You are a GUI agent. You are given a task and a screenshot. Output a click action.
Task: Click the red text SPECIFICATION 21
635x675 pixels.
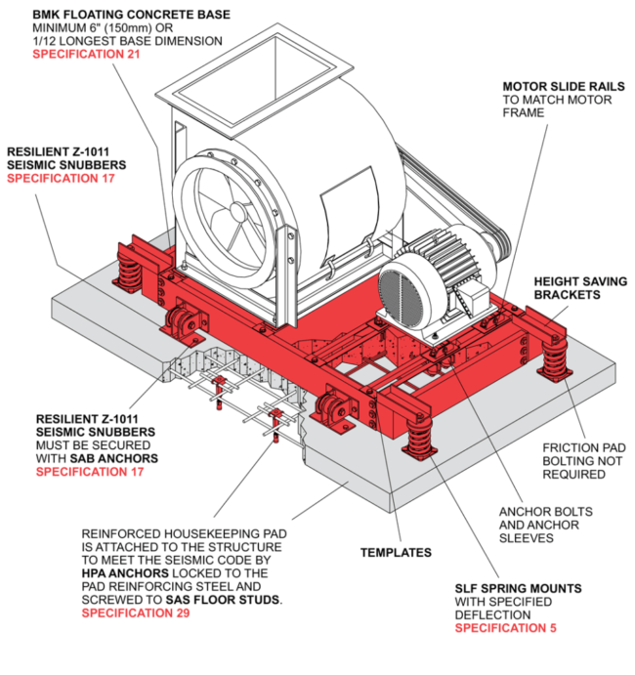[87, 55]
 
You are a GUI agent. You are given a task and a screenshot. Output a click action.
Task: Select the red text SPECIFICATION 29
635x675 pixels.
[135, 613]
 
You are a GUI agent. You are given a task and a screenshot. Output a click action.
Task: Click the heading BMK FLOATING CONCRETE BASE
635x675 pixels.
[131, 14]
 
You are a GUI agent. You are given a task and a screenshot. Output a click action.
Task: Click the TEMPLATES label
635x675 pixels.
[394, 553]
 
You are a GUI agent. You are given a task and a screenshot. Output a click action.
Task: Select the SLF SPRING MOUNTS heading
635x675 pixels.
[518, 588]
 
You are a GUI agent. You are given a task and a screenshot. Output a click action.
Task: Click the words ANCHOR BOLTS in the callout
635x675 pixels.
[545, 512]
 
